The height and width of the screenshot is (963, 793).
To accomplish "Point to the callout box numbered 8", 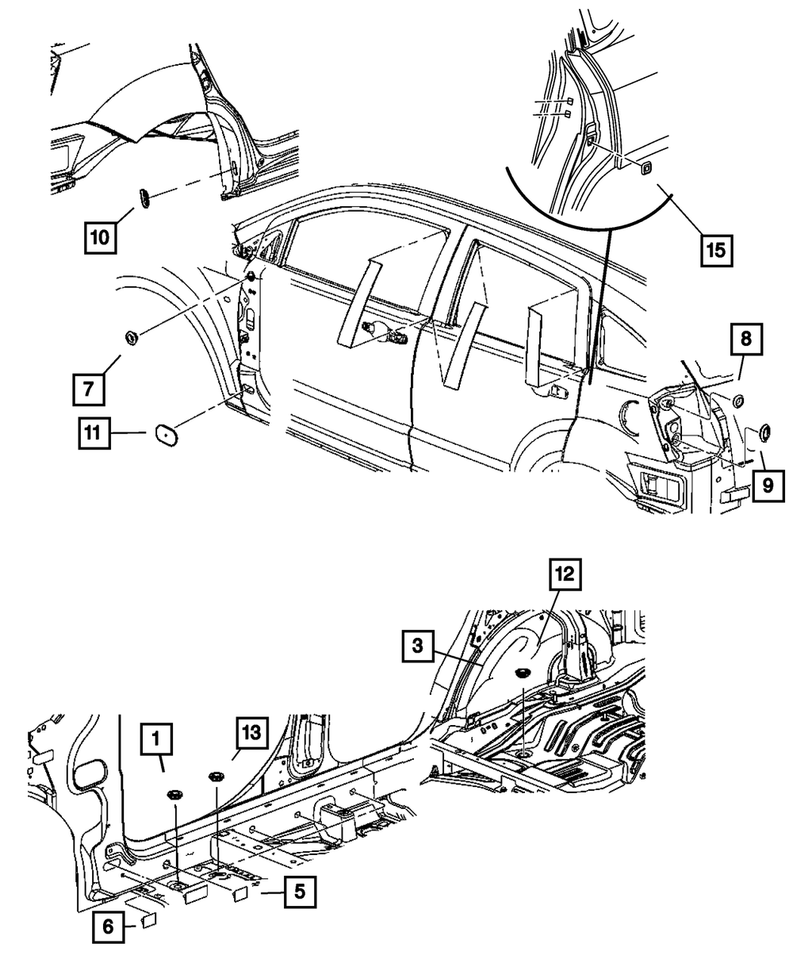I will pos(747,341).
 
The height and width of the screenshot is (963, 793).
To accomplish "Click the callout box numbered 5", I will pos(297,892).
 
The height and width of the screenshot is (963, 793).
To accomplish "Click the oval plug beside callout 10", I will pos(145,198).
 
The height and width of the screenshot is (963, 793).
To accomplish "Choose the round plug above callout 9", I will pos(767,432).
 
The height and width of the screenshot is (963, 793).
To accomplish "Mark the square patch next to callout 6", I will pos(148,920).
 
